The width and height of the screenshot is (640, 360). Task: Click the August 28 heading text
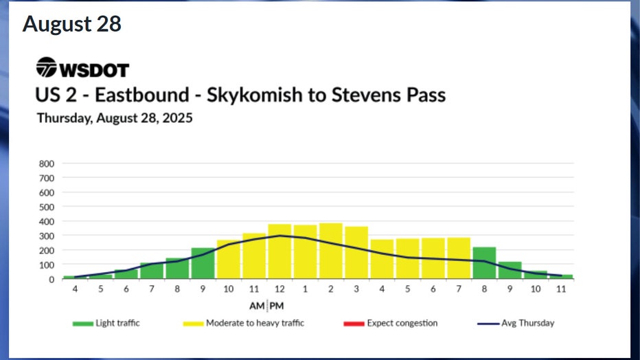(72, 24)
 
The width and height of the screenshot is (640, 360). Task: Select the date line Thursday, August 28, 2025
(114, 117)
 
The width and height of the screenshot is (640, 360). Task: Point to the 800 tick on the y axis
(47, 164)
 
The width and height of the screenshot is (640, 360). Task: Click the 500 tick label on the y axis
(47, 207)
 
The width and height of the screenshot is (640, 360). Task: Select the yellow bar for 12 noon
(279, 251)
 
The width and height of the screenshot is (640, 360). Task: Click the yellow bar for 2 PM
(330, 251)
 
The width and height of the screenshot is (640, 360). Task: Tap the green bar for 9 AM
(203, 264)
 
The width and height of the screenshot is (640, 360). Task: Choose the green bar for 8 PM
(484, 263)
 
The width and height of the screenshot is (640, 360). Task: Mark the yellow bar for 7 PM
(459, 258)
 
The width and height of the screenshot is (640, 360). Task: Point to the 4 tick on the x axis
(74, 289)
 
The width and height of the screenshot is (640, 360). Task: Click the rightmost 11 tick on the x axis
(561, 289)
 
